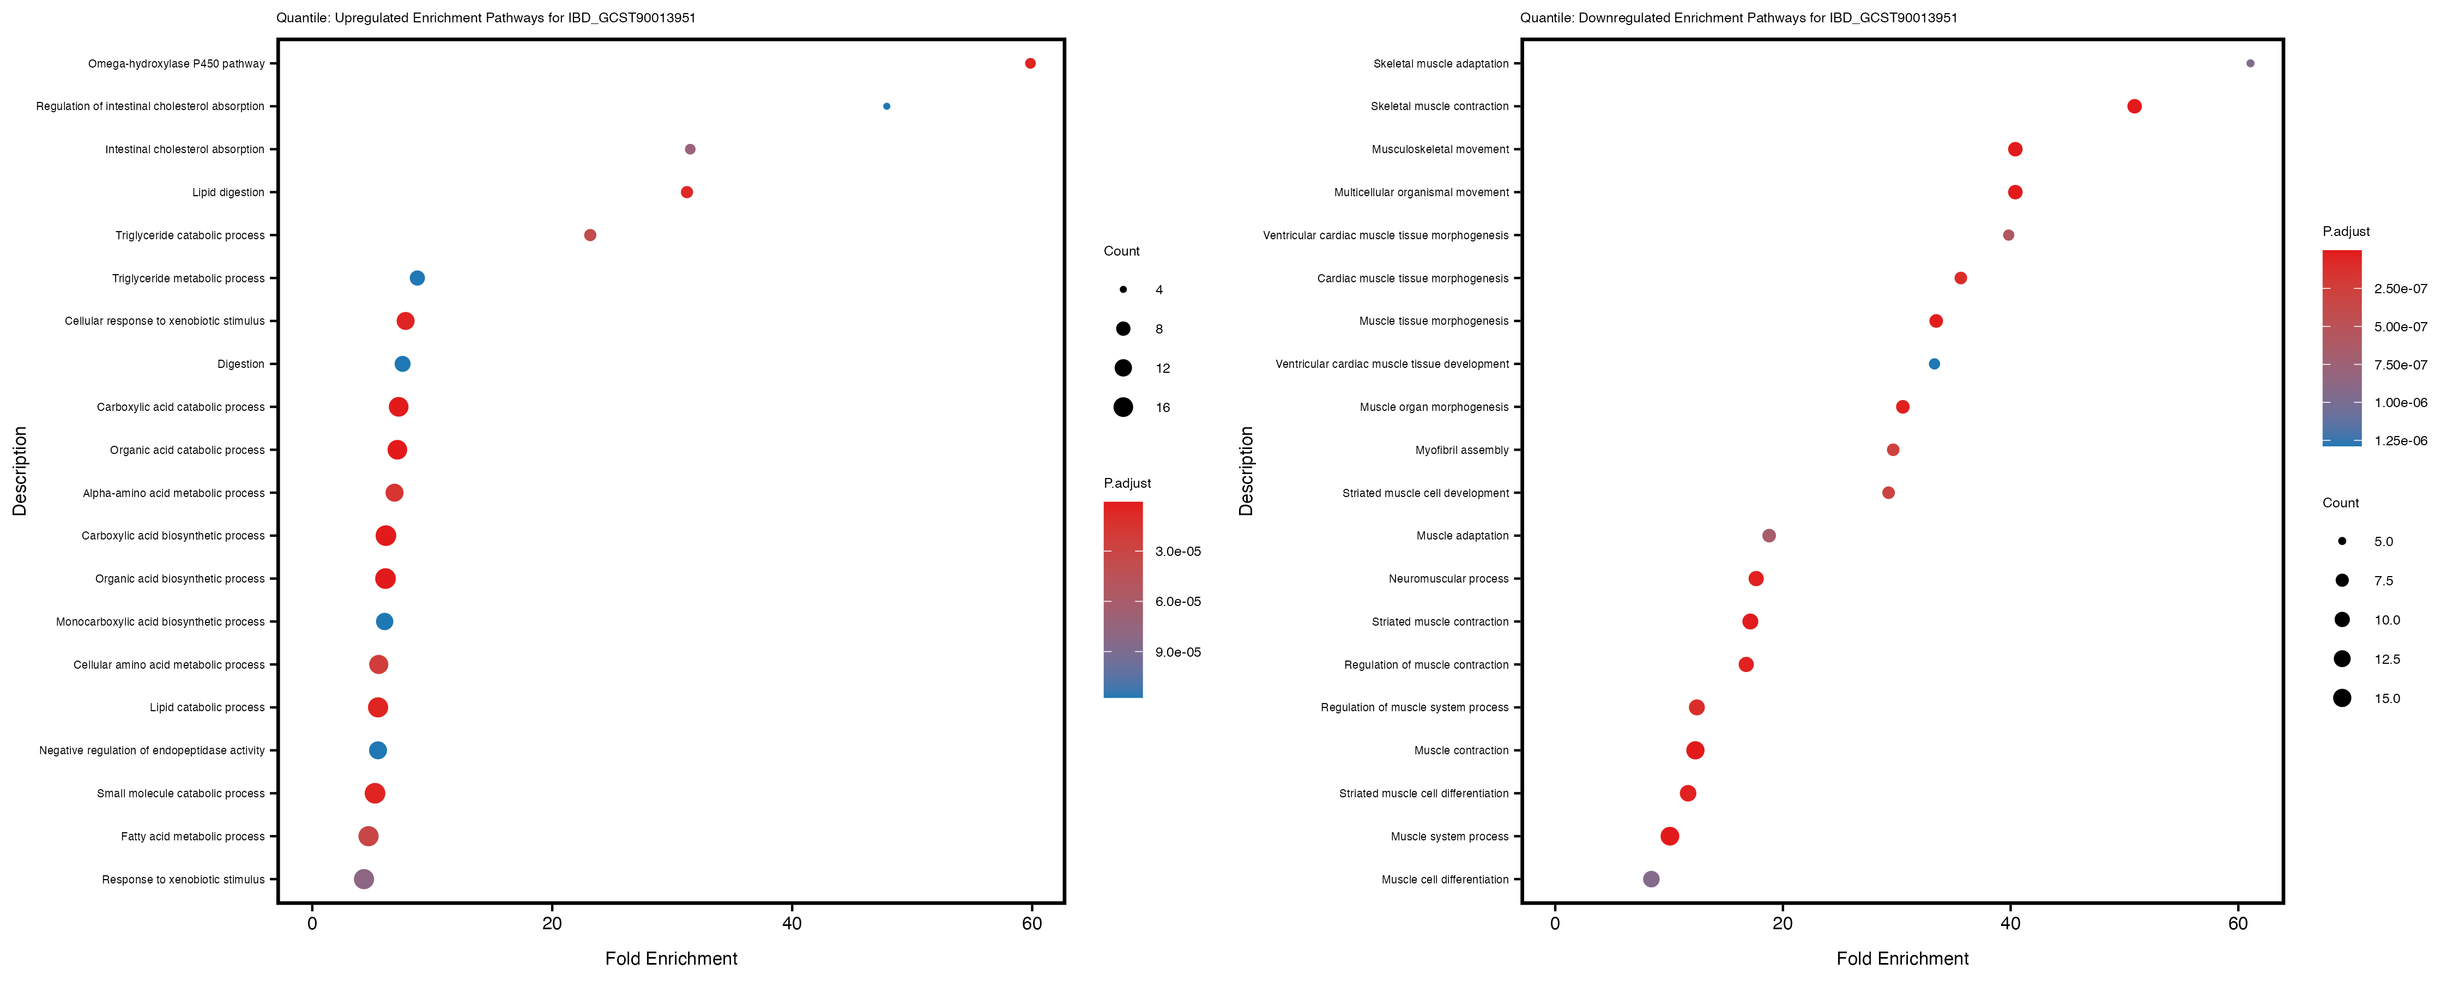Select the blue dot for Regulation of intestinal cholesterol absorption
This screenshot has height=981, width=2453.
[x=886, y=107]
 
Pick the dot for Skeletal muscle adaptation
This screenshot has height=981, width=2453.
[x=2250, y=64]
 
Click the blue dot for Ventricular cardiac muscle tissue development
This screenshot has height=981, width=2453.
[x=1934, y=364]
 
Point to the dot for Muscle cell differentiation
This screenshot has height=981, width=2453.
[x=1651, y=879]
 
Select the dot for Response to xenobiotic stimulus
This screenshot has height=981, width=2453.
[x=364, y=879]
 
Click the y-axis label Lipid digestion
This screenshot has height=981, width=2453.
[x=228, y=192]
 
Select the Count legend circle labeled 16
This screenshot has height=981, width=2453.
[x=1123, y=408]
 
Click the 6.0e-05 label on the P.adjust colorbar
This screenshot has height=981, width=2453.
[x=1178, y=602]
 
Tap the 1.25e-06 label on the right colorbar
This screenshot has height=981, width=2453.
[x=2401, y=441]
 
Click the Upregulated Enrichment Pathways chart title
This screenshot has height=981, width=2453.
[x=486, y=18]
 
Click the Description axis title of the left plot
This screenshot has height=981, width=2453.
[x=20, y=471]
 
